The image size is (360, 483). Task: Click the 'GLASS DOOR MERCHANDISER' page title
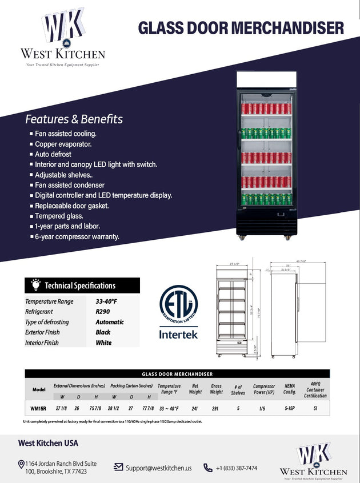point(241,27)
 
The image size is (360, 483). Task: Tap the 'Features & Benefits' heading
point(74,119)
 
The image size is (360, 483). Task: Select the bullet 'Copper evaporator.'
point(63,144)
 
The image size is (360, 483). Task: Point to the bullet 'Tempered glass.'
point(59,216)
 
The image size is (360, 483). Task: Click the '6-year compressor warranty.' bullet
point(77,236)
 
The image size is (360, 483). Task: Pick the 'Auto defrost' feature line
point(53,154)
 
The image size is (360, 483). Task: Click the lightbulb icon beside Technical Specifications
point(35,284)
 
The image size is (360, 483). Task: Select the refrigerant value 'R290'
point(103,312)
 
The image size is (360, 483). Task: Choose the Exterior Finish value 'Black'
point(103,332)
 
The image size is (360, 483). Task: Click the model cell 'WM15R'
point(38,408)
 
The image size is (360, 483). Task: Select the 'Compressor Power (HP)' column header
point(264,389)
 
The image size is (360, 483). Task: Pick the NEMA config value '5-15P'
point(290,408)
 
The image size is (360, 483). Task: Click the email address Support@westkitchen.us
point(159,467)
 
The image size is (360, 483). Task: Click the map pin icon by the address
point(21,465)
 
